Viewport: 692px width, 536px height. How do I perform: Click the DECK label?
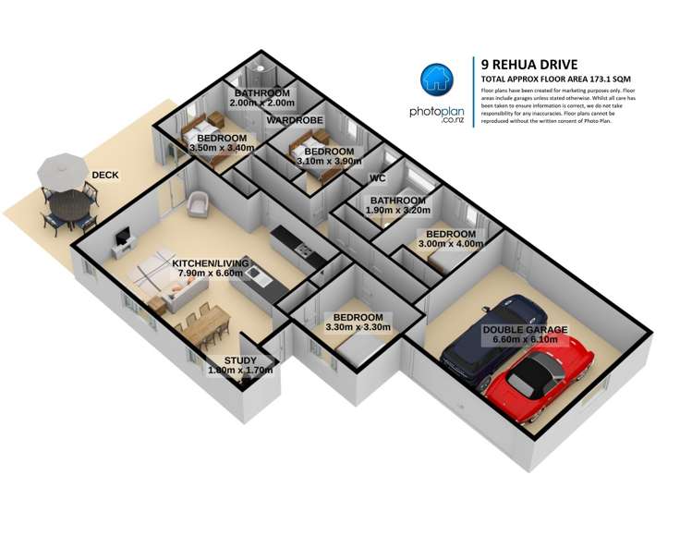tap(104, 175)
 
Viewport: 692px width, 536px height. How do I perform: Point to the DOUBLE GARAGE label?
tap(525, 329)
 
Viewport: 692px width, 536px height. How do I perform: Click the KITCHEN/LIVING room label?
tap(211, 263)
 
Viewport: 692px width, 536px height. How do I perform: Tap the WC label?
tap(376, 178)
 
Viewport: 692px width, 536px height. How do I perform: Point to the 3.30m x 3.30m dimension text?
tap(358, 327)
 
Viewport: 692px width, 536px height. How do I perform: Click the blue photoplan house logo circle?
tap(440, 81)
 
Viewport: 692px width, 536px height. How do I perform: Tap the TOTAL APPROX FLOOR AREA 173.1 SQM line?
tap(552, 79)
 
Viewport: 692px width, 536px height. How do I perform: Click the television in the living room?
tap(122, 240)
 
